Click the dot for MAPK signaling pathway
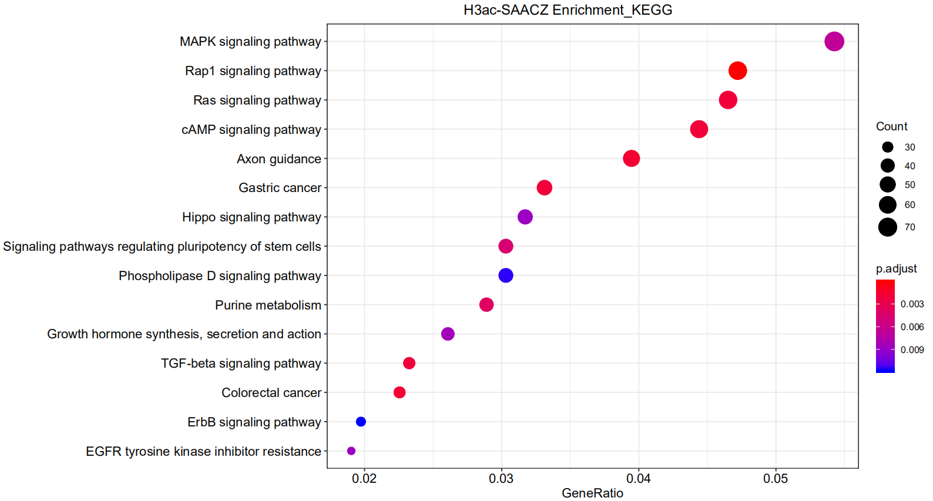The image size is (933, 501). click(x=834, y=42)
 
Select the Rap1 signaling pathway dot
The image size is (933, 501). click(x=737, y=71)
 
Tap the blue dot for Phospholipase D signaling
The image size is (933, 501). click(x=505, y=275)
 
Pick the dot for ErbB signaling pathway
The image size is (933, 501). click(x=361, y=422)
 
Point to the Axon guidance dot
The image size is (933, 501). click(x=631, y=159)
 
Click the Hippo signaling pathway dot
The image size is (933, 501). click(x=525, y=217)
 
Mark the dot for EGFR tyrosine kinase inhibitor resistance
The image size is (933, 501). click(x=351, y=451)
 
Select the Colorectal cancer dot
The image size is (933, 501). click(x=400, y=392)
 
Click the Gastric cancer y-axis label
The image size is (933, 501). click(x=280, y=188)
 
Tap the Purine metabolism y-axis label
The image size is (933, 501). click(x=268, y=305)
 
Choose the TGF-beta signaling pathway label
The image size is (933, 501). click(x=241, y=364)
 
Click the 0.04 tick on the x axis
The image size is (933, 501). click(x=638, y=479)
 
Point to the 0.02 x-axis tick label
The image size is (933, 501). click(x=364, y=479)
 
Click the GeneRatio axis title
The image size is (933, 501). click(x=592, y=493)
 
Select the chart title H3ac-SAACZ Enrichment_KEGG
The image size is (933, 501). click(x=568, y=10)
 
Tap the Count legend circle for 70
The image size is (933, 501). click(x=887, y=227)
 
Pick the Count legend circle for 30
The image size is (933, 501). click(x=887, y=147)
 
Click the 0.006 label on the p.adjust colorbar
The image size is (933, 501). click(x=912, y=327)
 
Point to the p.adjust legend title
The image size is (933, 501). click(x=896, y=268)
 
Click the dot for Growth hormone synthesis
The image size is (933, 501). click(x=448, y=334)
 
